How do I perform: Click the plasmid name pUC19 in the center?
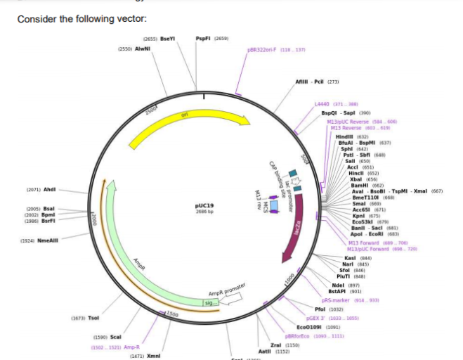click(x=204, y=206)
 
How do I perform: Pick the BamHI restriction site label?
click(x=359, y=185)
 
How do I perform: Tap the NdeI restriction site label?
click(x=337, y=285)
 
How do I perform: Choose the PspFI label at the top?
click(x=204, y=38)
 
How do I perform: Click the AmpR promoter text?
click(x=226, y=290)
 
